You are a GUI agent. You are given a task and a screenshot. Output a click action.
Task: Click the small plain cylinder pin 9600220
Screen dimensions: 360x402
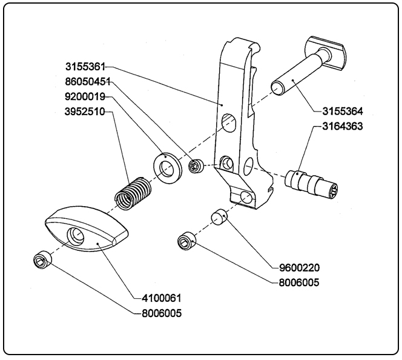[x=219, y=216]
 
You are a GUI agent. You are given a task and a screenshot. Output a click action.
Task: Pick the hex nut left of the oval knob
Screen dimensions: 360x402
[x=41, y=260]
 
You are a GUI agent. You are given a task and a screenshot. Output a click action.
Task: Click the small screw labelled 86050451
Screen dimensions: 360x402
[x=196, y=165]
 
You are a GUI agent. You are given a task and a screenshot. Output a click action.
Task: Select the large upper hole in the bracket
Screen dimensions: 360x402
[x=229, y=121]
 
